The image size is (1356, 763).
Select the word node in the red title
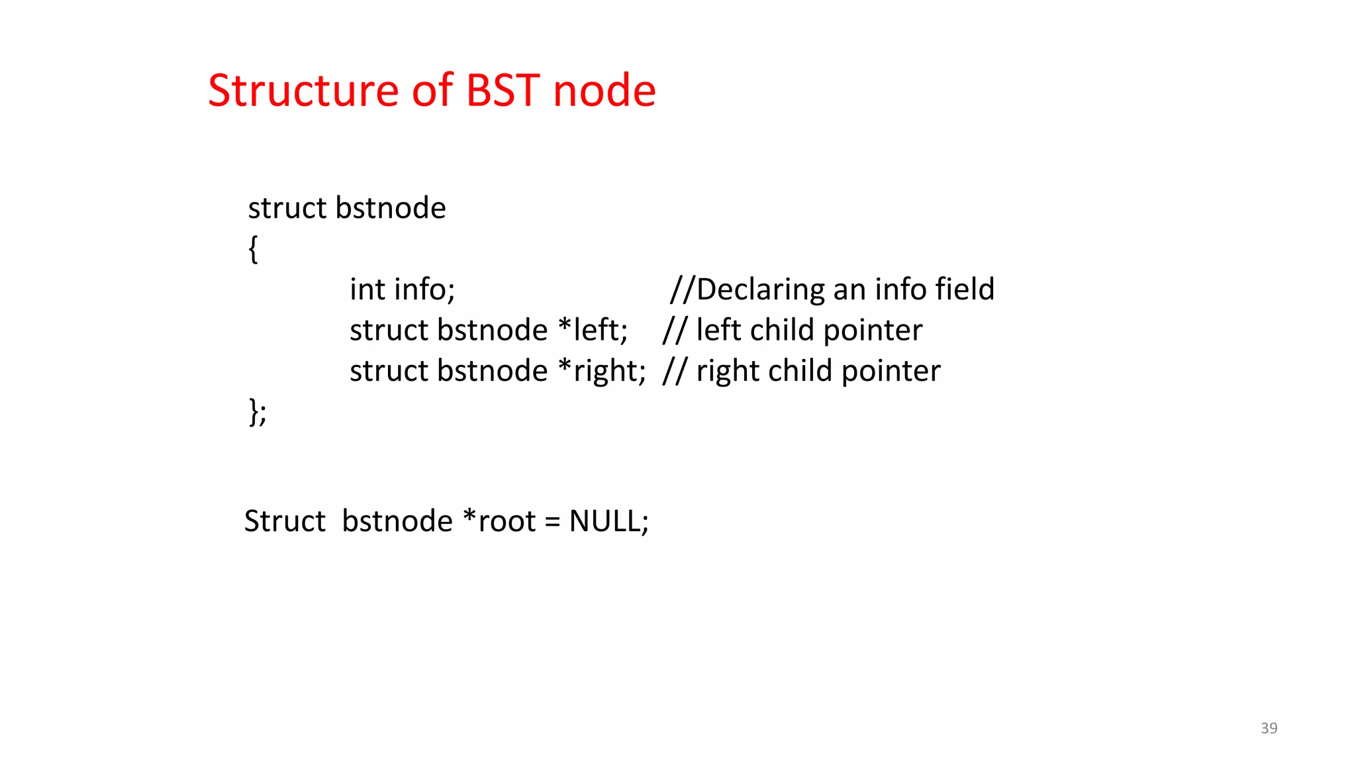[x=604, y=91]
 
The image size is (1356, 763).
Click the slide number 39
[x=1269, y=728]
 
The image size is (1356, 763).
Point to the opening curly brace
[x=253, y=250]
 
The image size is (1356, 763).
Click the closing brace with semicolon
[x=258, y=412]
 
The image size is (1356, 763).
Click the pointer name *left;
[x=593, y=330]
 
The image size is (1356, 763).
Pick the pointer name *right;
[x=602, y=371]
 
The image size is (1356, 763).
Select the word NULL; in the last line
[x=608, y=521]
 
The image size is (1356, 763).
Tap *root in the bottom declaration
[x=499, y=521]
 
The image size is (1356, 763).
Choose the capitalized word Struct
[x=285, y=521]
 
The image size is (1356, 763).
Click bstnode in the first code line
[x=391, y=208]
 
